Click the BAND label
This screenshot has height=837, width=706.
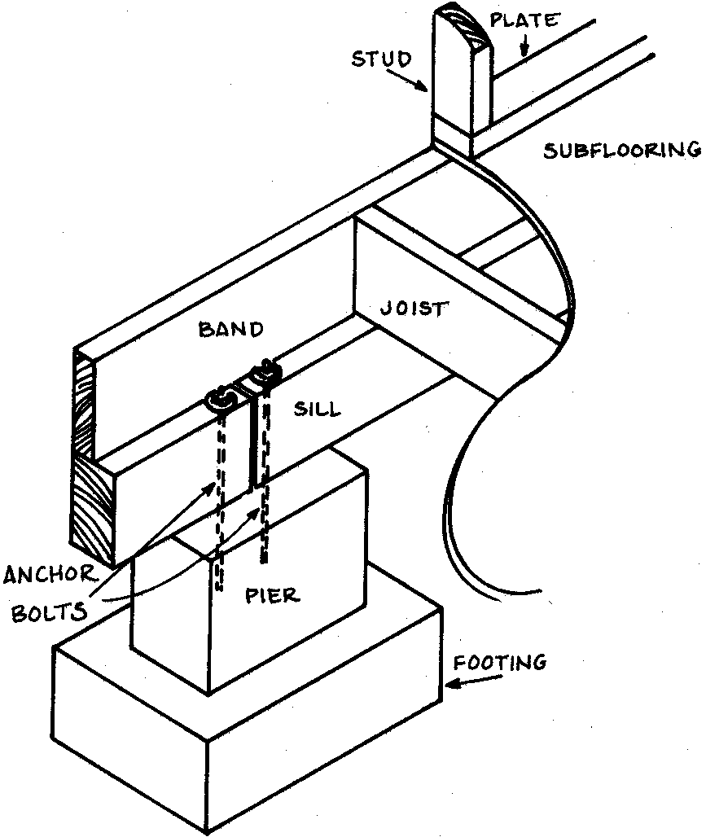click(x=231, y=330)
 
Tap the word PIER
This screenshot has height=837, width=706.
click(x=272, y=594)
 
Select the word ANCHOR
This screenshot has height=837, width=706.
click(x=50, y=577)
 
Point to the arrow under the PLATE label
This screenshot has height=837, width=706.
click(x=524, y=47)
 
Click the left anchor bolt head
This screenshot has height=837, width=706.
click(x=219, y=398)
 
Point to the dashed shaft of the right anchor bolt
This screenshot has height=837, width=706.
click(x=262, y=521)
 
